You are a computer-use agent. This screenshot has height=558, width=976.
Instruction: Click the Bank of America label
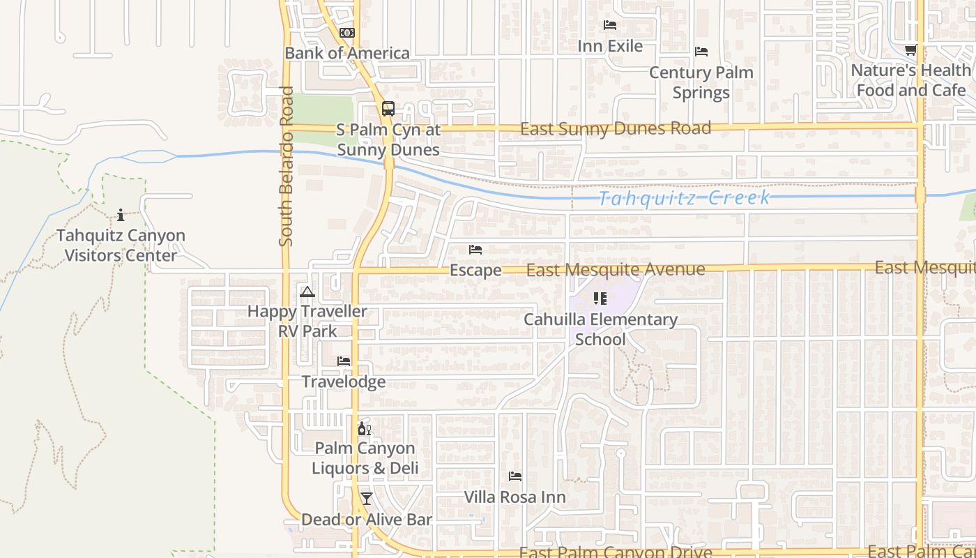347,53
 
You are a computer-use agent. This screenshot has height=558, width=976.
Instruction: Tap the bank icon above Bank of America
347,33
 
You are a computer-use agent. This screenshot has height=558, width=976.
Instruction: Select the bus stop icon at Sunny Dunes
388,109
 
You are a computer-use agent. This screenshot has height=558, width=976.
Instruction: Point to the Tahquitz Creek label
685,198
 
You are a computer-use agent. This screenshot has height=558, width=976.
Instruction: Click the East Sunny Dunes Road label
616,128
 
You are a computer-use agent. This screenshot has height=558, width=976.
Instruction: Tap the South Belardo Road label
286,166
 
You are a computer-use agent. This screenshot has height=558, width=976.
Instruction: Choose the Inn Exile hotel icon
610,25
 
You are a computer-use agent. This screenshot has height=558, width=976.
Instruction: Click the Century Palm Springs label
701,82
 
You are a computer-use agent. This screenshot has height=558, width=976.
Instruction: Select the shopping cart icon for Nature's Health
910,50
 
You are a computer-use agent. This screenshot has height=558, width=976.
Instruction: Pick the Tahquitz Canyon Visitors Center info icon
121,214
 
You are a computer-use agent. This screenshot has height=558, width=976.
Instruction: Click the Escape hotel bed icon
475,249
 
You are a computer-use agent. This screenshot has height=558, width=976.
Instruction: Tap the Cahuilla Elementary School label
600,329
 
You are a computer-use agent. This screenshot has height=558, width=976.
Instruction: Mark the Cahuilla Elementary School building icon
600,299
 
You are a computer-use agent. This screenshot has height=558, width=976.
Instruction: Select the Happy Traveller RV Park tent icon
307,292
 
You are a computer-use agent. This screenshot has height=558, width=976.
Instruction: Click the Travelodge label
344,382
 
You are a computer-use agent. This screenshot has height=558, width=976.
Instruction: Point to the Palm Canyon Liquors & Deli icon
364,428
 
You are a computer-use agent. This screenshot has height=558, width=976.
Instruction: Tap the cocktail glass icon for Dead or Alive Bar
366,499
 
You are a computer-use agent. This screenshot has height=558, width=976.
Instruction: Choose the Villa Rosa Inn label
515,497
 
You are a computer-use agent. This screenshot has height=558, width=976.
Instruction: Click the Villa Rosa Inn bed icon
515,476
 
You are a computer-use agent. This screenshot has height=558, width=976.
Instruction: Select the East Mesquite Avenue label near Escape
616,269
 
